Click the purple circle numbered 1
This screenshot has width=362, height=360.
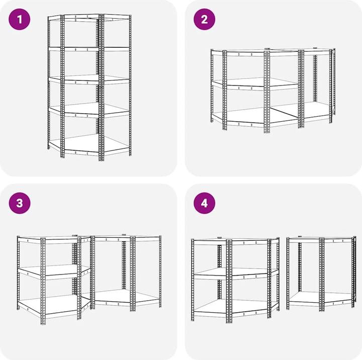pos(20,19)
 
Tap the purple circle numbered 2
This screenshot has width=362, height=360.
pos(204,19)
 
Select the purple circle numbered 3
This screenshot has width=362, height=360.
pos(20,203)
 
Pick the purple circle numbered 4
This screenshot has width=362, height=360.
pos(204,203)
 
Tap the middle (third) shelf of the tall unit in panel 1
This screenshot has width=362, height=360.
pos(89,79)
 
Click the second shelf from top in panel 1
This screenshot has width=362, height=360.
pos(89,49)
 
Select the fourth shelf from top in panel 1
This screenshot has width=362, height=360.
pos(89,110)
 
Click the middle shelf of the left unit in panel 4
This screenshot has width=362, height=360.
pos(235,273)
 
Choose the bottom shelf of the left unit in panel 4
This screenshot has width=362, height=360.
pos(235,308)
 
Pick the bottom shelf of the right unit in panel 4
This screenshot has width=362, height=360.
pos(321,298)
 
